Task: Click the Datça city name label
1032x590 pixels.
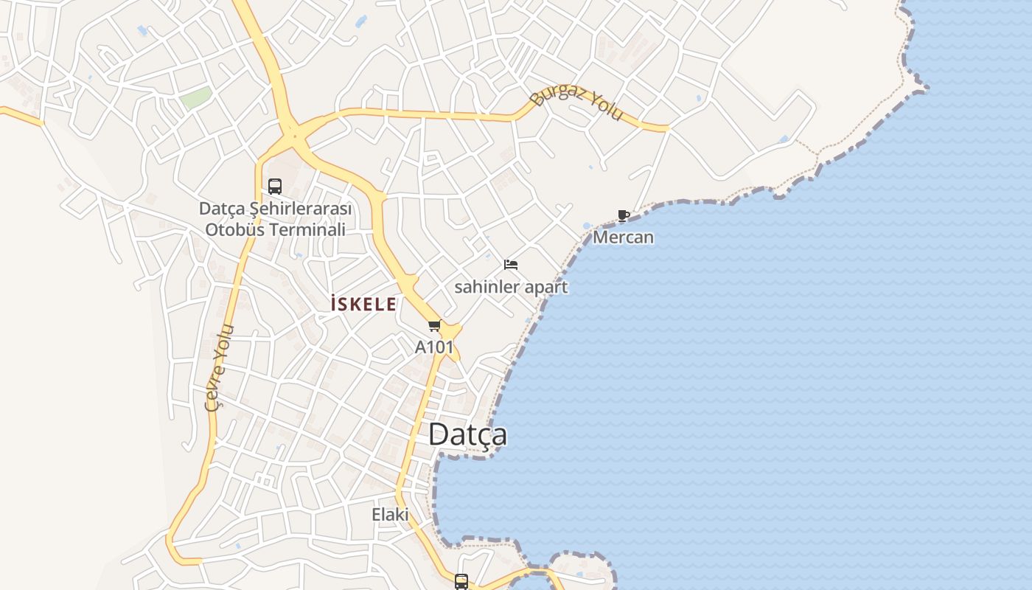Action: [467, 434]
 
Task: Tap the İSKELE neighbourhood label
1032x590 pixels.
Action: [363, 304]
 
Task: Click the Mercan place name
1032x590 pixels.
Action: [623, 237]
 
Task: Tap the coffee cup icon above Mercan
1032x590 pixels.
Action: [623, 216]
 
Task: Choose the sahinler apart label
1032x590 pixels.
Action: [511, 287]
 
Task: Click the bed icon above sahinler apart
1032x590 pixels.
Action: [511, 265]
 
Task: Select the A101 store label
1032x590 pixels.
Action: [434, 347]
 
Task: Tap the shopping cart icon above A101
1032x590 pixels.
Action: [434, 325]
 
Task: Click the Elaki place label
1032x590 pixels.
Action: [390, 514]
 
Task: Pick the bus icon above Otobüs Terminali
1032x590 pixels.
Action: [275, 187]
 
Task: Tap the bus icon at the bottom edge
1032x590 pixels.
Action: [461, 582]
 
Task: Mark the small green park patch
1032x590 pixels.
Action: [196, 98]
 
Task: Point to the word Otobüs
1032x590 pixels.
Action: [234, 229]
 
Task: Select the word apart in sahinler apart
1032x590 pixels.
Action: [545, 287]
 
